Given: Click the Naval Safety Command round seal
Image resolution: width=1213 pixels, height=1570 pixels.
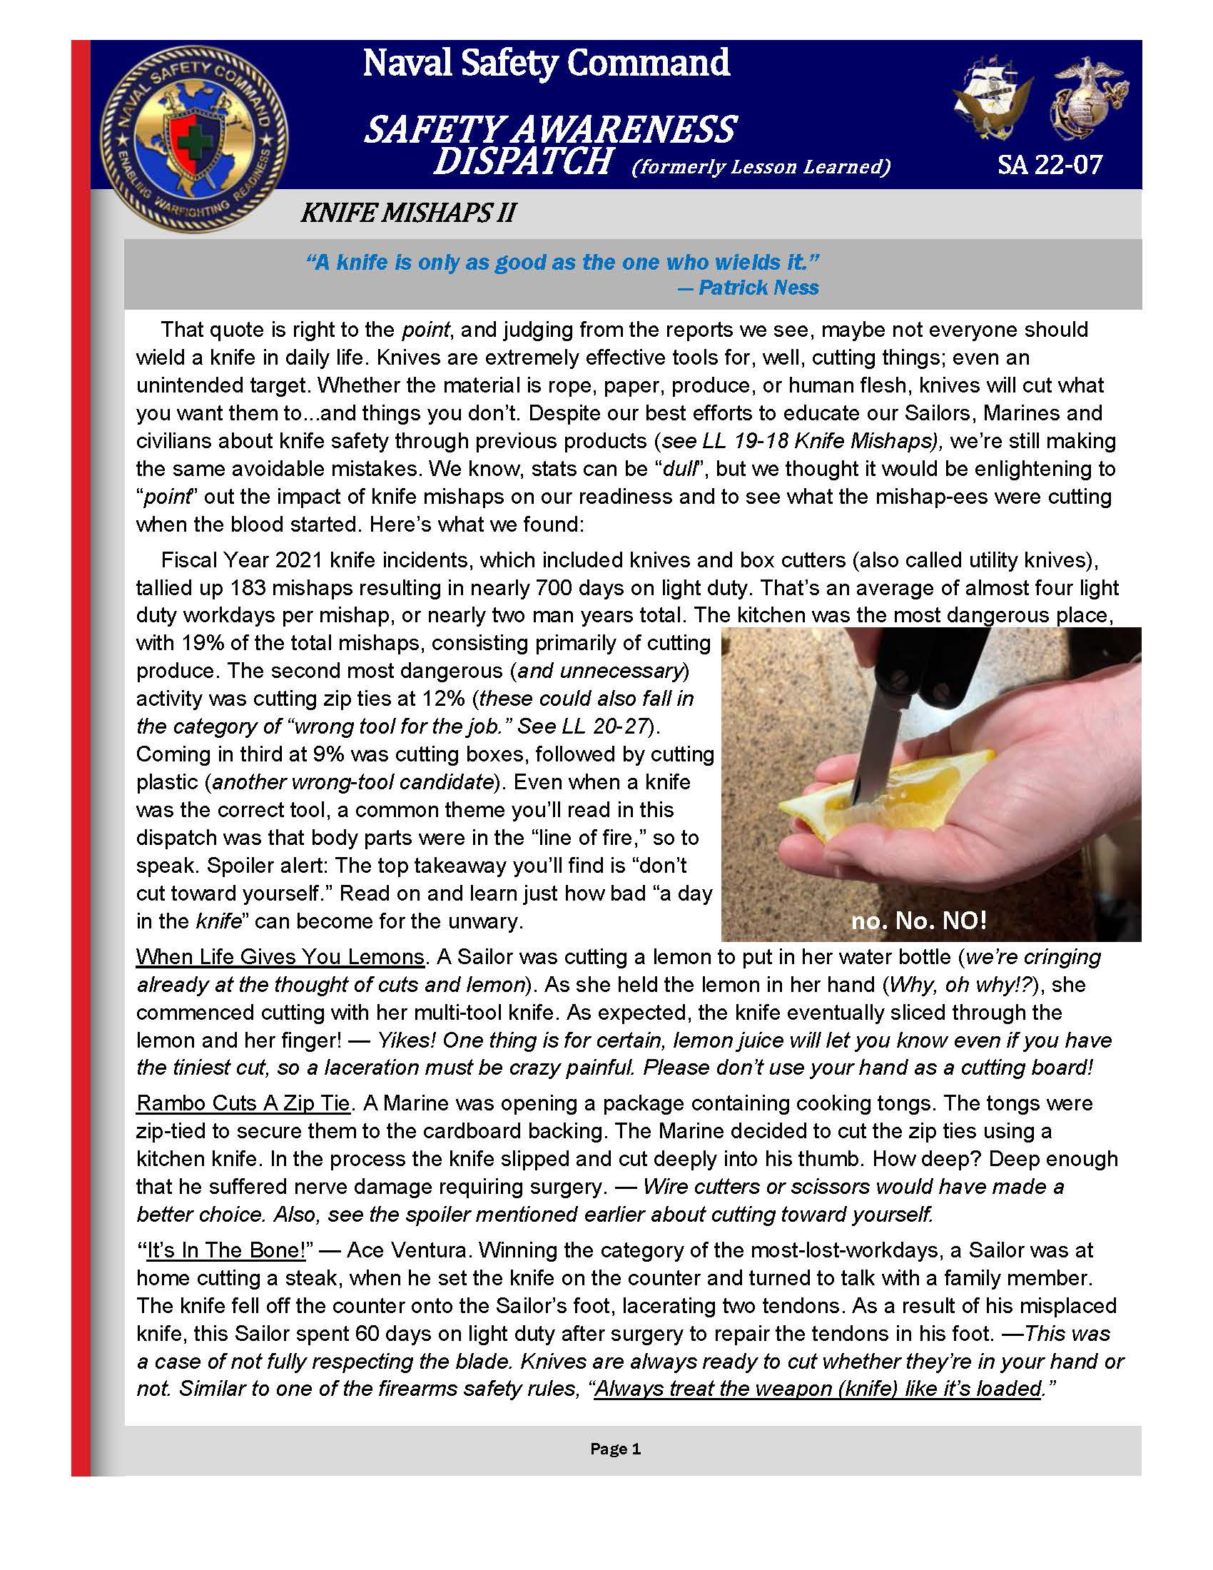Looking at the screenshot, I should (193, 138).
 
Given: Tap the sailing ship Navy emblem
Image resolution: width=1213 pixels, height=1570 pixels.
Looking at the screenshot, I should (992, 97).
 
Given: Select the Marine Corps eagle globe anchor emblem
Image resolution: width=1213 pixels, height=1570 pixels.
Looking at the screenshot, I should (1089, 97).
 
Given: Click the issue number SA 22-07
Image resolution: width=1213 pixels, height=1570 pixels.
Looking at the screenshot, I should (1049, 166).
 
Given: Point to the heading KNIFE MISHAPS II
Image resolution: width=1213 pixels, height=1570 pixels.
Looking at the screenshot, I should (407, 213).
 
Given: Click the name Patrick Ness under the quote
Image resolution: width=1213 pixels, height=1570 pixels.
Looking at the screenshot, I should (758, 288).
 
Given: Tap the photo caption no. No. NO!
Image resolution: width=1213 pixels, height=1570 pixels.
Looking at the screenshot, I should (918, 921).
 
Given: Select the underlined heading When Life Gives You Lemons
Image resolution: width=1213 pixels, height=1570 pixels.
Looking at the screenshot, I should (280, 957).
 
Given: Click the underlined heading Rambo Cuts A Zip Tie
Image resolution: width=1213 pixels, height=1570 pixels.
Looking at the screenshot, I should (243, 1103).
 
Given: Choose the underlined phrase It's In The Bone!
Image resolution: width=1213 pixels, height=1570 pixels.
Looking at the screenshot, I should (226, 1250).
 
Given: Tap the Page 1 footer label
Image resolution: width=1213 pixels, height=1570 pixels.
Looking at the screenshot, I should (615, 1449).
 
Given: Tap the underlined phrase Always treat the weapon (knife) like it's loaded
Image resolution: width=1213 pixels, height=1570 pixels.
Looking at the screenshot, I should (818, 1389).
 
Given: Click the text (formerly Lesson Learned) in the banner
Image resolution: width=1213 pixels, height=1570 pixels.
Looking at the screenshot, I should (761, 167).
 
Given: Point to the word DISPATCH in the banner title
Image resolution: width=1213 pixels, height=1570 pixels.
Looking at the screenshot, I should (522, 161).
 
